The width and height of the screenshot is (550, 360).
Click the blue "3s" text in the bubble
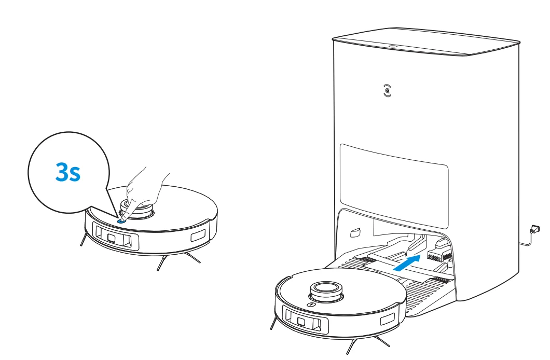pos(68,173)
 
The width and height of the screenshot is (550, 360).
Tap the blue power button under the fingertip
pos(121,219)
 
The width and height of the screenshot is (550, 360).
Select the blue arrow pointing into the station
pos(407,262)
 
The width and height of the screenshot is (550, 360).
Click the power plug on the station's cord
pos(534,229)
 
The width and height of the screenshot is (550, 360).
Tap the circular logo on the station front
pos(387,91)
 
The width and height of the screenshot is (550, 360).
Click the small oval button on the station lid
pos(393,46)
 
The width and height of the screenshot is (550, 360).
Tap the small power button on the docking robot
pos(310,305)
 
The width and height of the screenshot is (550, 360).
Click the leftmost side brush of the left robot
pos(82,239)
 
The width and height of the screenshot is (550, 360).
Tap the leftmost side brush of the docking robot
pos(272,323)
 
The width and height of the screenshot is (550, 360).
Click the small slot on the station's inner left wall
pos(355,231)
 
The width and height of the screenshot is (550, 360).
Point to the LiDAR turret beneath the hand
pos(137,210)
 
